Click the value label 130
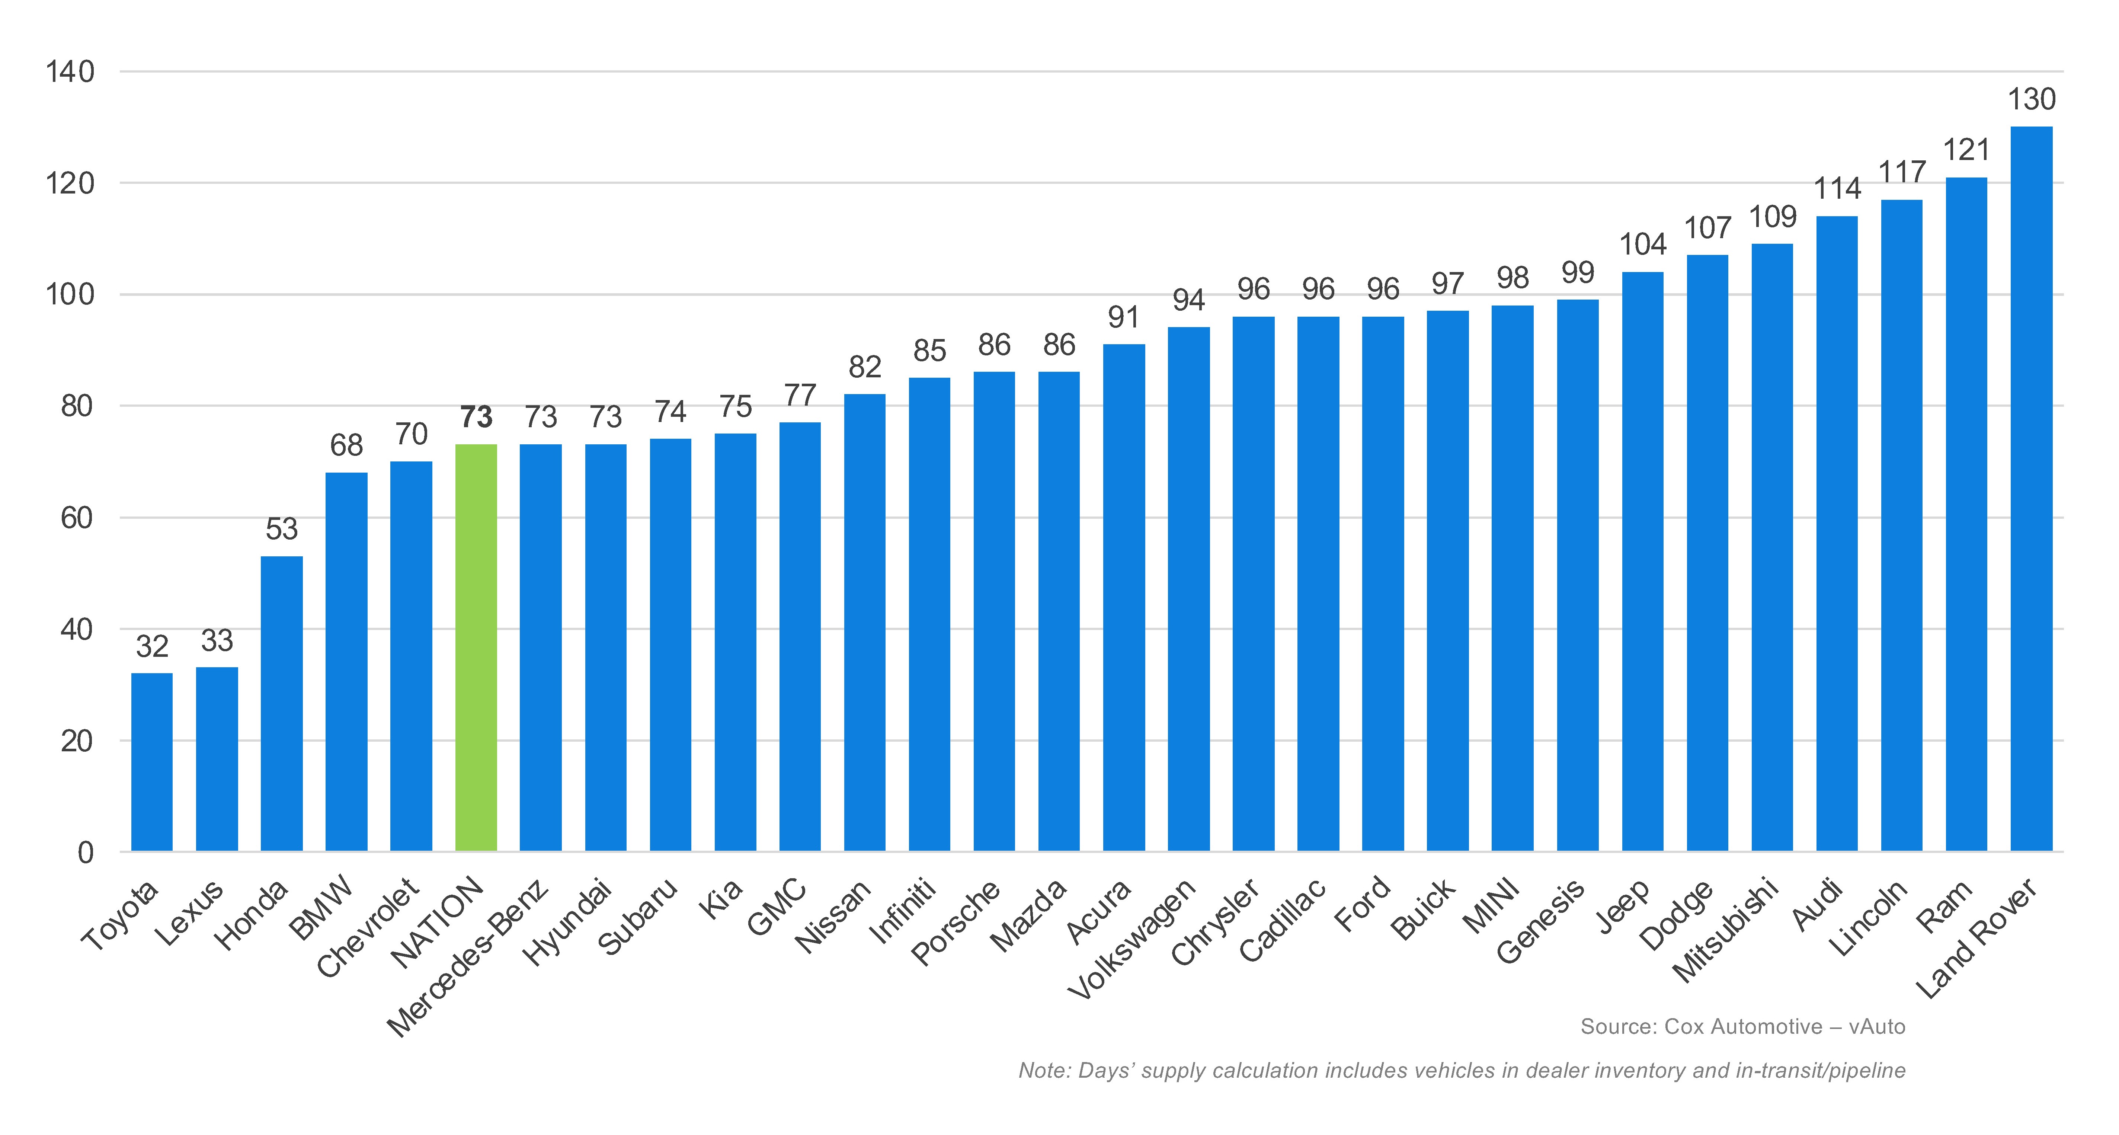(x=2031, y=99)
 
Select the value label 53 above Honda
(x=281, y=529)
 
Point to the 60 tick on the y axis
(x=77, y=518)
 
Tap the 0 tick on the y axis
(x=86, y=853)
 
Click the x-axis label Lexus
(x=189, y=913)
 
